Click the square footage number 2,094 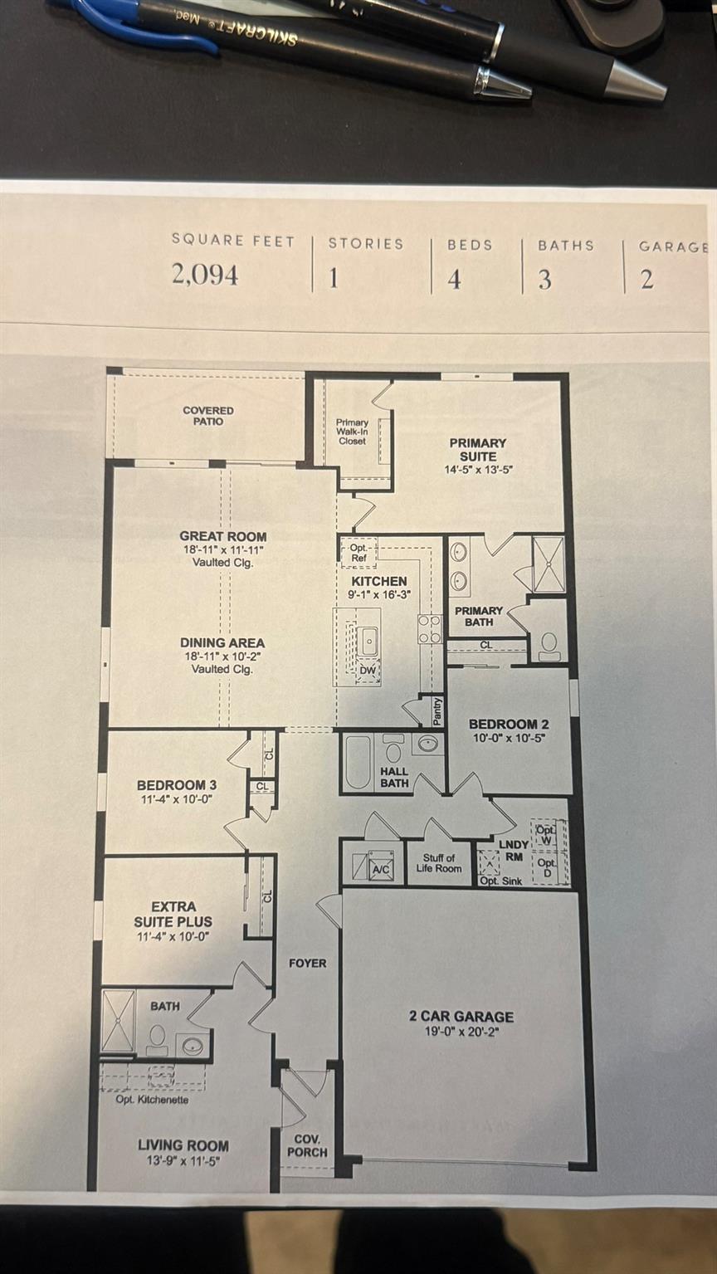205,275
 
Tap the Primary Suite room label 478,449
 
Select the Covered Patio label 208,415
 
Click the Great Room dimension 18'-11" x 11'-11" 222,549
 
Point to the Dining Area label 222,642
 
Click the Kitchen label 379,581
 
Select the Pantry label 437,711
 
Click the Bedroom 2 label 508,724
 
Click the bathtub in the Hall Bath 358,761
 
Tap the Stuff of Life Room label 439,863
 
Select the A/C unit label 382,869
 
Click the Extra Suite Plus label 173,914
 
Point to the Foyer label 307,963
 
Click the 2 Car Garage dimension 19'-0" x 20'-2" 461,1032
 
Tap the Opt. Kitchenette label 152,1100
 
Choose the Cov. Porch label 307,1145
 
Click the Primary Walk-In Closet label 352,432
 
